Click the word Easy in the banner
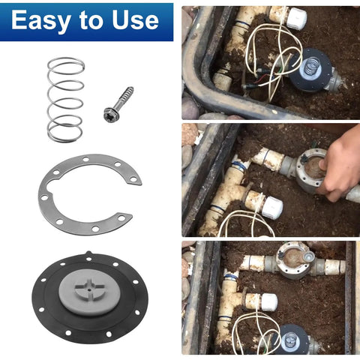click(x=40, y=20)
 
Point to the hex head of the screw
click(x=110, y=114)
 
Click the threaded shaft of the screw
click(x=124, y=97)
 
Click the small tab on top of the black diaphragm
click(x=88, y=254)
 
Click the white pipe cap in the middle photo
click(x=271, y=208)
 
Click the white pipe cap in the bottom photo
click(x=266, y=302)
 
